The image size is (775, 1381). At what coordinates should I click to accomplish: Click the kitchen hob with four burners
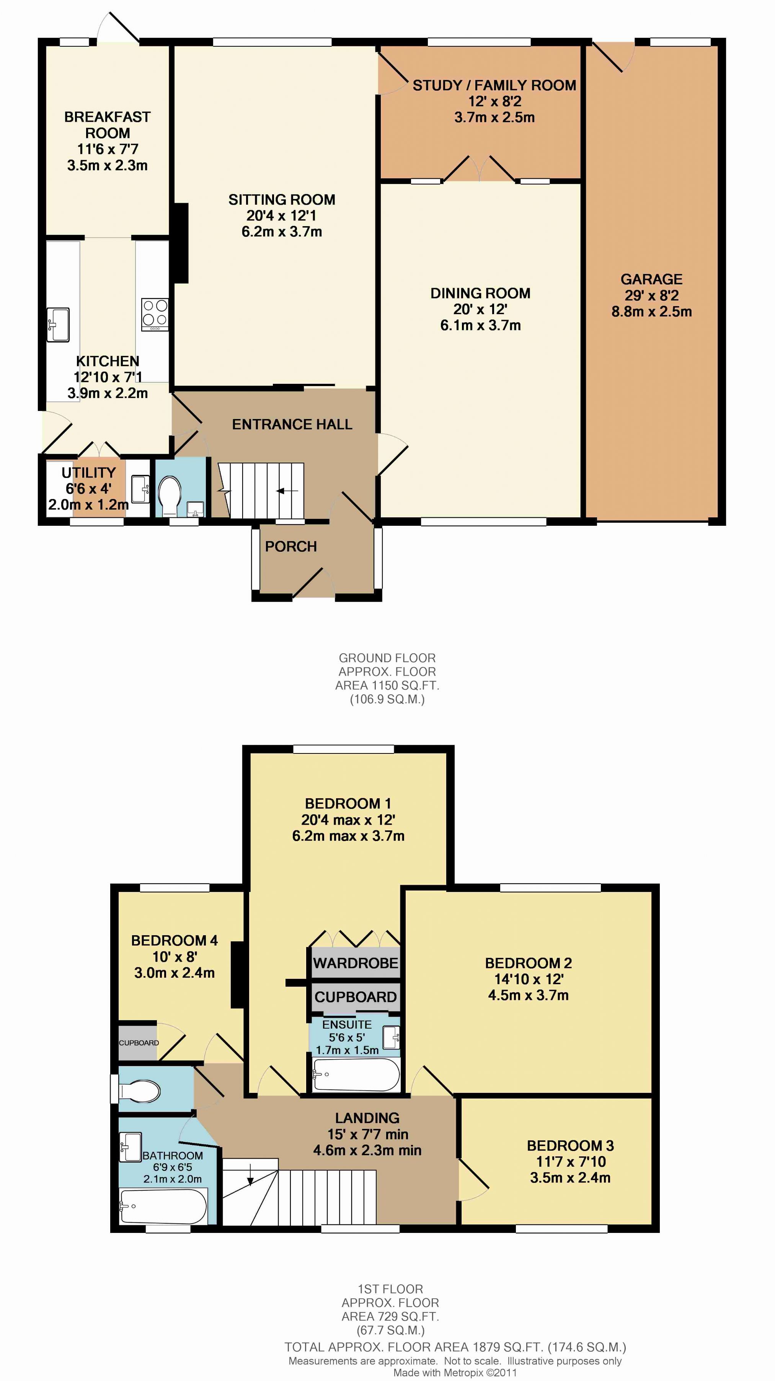point(155,314)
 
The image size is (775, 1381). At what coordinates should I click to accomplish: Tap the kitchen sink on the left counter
point(58,324)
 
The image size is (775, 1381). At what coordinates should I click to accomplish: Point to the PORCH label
point(291,546)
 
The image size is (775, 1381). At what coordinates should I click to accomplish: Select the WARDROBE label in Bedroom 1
point(356,963)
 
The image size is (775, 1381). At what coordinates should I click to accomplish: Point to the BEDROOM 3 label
point(570,1146)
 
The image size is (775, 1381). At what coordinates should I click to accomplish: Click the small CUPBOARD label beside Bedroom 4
point(139,1043)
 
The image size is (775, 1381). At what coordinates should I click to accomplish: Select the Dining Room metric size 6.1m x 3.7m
point(481,325)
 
